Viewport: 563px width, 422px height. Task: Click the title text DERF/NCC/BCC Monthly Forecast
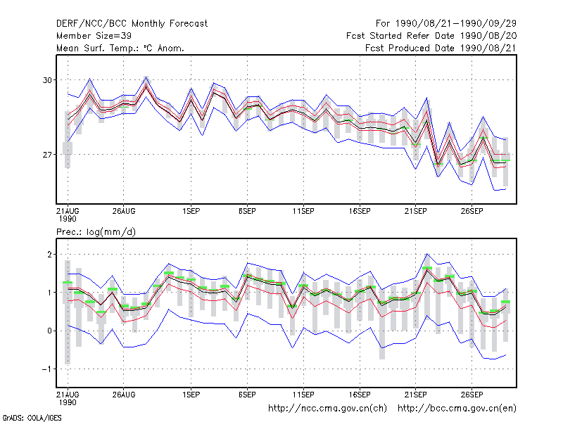[x=132, y=24]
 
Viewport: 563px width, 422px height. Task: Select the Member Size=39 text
[x=94, y=36]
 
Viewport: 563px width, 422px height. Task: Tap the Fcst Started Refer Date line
[x=431, y=36]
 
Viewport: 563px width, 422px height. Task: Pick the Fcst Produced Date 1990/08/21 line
[x=441, y=48]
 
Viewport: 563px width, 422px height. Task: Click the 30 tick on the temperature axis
[x=47, y=80]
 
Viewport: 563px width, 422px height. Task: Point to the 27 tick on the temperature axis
[x=47, y=155]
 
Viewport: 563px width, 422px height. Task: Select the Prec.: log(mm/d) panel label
[x=96, y=232]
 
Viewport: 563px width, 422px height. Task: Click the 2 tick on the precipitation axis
[x=49, y=255]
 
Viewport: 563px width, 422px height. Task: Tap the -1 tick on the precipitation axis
[x=47, y=369]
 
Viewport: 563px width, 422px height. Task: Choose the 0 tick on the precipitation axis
[x=49, y=331]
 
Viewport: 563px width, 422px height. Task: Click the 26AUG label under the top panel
[x=124, y=212]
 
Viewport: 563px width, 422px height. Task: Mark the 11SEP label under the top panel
[x=303, y=212]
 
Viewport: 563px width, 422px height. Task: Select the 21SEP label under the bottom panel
[x=416, y=395]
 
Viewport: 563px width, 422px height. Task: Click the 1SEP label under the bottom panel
[x=191, y=395]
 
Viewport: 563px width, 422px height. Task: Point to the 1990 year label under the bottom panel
[x=68, y=402]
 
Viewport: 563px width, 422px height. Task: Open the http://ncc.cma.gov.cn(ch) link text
[x=327, y=409]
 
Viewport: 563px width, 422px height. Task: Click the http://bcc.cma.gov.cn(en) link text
[x=457, y=409]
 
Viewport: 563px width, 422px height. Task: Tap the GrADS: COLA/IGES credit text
[x=32, y=418]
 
